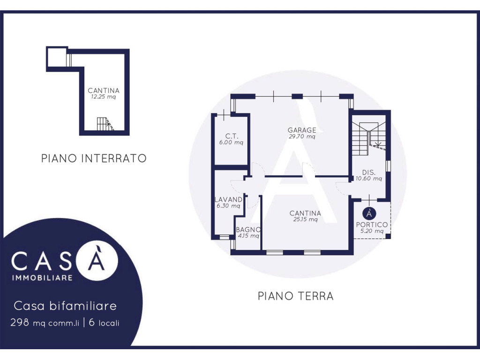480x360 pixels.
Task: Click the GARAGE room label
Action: pos(302,130)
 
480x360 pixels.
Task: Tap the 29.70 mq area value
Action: pos(302,136)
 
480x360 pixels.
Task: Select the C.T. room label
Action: pos(232,136)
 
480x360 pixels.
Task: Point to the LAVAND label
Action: pos(228,199)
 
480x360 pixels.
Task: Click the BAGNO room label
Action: pos(248,230)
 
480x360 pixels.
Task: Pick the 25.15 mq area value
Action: pos(305,219)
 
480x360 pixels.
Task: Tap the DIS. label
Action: pos(368,172)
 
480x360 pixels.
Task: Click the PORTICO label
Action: pos(372,225)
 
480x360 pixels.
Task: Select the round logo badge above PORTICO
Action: pos(369,213)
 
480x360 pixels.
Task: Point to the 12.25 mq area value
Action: pos(104,97)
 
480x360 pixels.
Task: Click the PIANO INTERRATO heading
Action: pos(94,158)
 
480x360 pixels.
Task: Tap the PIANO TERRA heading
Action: pos(295,296)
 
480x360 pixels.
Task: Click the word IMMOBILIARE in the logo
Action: pos(42,278)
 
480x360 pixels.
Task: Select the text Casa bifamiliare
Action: pos(65,306)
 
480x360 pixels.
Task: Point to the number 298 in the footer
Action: pos(20,322)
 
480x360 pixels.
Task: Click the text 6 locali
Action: pos(104,322)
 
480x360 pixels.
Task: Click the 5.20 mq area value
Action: pos(372,231)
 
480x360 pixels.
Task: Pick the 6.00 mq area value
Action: pos(231,142)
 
